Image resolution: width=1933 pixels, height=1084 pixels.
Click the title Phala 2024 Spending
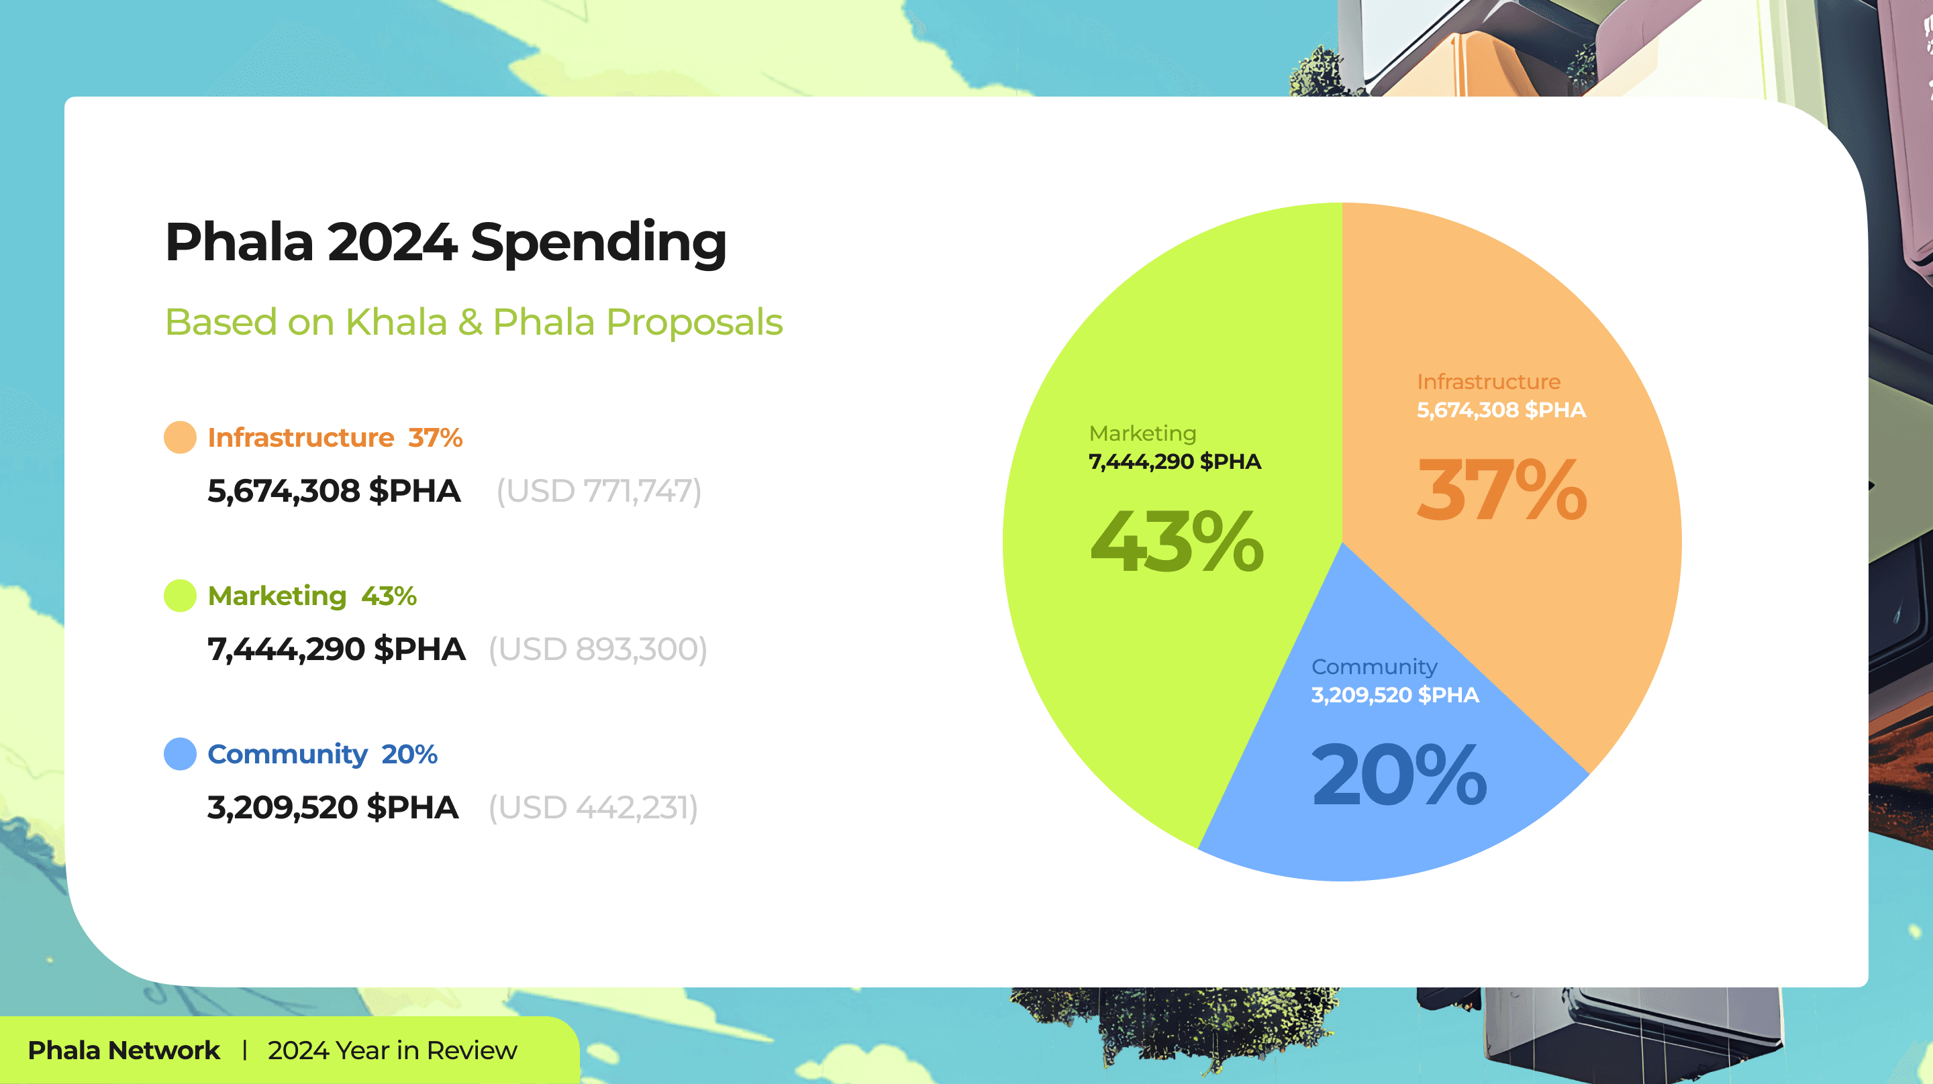(446, 242)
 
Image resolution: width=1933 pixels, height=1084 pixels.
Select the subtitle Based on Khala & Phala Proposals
(473, 322)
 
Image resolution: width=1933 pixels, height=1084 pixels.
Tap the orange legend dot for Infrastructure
(180, 437)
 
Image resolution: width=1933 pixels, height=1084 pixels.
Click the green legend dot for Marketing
(180, 596)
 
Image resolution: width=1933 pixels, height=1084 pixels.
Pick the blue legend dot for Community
(180, 754)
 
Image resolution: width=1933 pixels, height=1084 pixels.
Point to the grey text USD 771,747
(599, 492)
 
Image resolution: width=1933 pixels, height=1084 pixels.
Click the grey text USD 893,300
(597, 649)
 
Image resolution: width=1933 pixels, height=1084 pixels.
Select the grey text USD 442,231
(593, 808)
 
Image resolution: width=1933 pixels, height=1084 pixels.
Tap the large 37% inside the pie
(1501, 490)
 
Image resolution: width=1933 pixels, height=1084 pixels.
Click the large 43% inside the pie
(1177, 541)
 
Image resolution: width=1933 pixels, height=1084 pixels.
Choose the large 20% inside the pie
(1399, 775)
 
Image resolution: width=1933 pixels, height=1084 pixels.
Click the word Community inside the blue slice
(1374, 666)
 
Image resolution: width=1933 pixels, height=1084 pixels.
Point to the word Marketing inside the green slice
(1142, 433)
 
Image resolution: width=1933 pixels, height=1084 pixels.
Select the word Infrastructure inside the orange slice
(1488, 382)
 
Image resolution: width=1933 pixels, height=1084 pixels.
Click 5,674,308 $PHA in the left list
(334, 492)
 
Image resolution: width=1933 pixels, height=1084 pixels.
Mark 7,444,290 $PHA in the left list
(336, 649)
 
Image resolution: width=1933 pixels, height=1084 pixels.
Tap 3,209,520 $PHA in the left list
(332, 808)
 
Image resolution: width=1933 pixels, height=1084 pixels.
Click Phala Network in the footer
(123, 1050)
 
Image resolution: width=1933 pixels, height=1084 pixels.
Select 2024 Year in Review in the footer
(393, 1050)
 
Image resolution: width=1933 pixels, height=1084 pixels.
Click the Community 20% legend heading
(322, 754)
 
